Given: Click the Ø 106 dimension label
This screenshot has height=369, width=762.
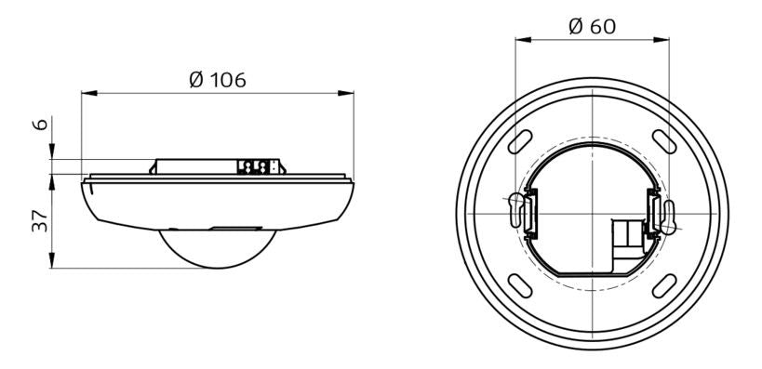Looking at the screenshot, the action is tap(217, 80).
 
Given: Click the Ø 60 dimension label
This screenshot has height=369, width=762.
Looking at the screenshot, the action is tap(592, 27).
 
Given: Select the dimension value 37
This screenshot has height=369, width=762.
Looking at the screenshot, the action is tap(40, 221).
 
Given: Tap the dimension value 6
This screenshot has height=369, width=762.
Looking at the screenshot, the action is tap(42, 125).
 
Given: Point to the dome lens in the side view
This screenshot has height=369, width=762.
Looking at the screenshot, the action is tap(218, 248).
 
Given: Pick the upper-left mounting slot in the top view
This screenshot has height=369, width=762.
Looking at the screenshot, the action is tap(520, 142).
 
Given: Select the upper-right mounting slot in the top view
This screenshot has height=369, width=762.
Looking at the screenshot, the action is tap(664, 142).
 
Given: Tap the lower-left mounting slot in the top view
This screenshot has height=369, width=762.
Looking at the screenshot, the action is tap(520, 286).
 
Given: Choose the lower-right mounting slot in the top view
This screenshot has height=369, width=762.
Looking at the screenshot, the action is tap(664, 286).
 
